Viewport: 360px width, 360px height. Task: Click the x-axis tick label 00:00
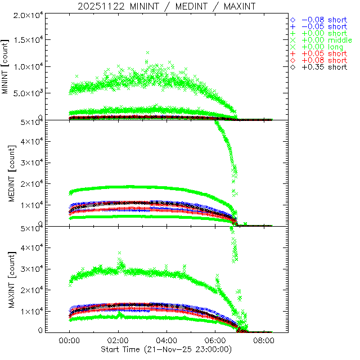coord(69,341)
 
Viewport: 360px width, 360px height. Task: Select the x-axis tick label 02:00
coord(118,341)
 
